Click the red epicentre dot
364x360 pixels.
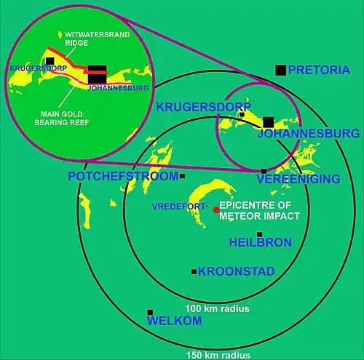[x=216, y=210]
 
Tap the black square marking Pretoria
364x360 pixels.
[x=280, y=70]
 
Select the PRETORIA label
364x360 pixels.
[x=319, y=70]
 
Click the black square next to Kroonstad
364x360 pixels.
[x=194, y=272]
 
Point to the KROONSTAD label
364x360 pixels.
[x=236, y=271]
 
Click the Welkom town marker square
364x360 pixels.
[x=150, y=312]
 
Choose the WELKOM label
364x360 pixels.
[x=175, y=321]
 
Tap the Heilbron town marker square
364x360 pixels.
[x=259, y=234]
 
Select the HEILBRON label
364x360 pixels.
[x=261, y=242]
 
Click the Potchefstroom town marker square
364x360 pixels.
[x=182, y=176]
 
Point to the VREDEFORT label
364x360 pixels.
[x=178, y=207]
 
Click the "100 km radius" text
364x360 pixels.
[x=218, y=308]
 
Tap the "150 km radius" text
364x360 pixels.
[x=218, y=355]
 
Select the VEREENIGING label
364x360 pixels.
[x=298, y=179]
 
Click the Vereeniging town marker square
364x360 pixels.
[x=264, y=171]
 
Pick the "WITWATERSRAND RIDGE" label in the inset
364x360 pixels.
[x=98, y=39]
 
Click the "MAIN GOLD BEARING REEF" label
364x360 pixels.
[x=62, y=118]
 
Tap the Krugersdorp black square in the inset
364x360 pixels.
[x=50, y=61]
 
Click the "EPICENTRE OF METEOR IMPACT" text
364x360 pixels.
[x=259, y=210]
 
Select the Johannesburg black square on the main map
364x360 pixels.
[x=269, y=122]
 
